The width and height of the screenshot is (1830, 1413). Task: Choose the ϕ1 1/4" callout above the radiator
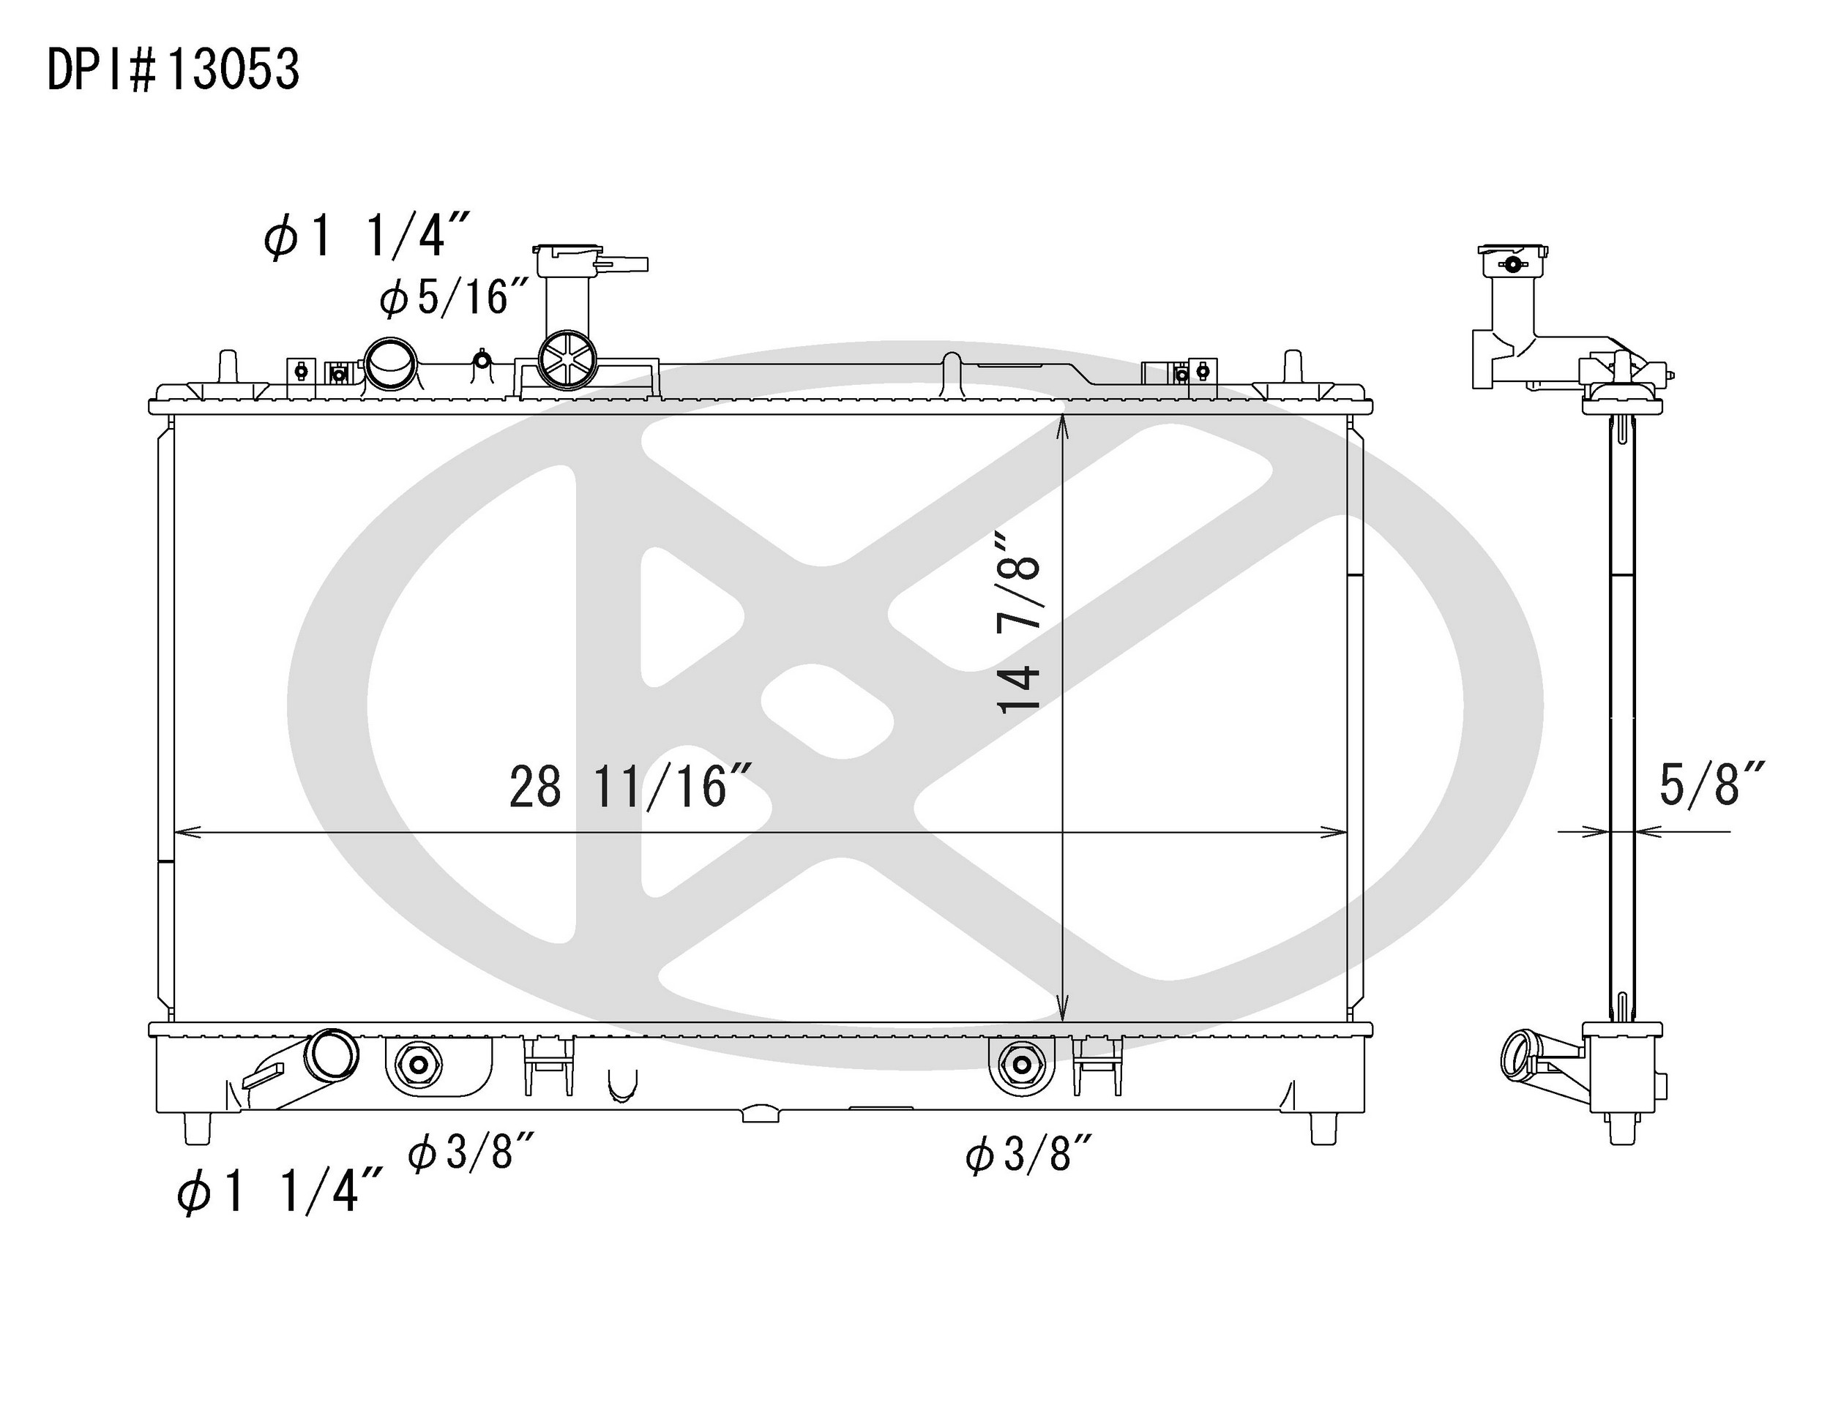(366, 234)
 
